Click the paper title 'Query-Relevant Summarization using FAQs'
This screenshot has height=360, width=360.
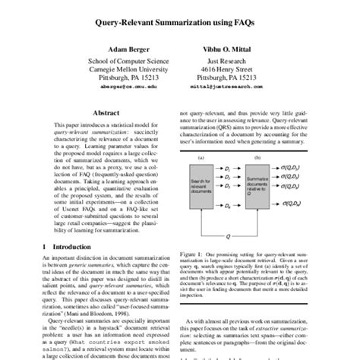click(179, 23)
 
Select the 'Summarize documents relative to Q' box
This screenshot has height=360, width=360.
click(263, 175)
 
